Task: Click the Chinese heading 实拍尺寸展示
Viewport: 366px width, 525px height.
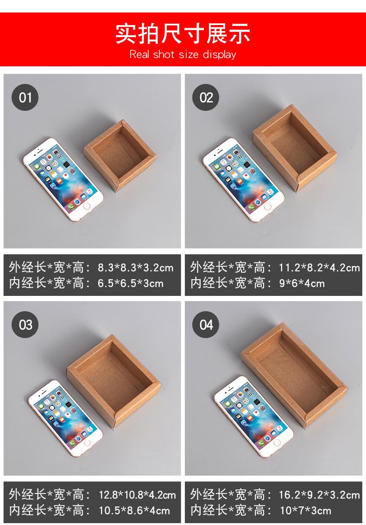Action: [x=183, y=33]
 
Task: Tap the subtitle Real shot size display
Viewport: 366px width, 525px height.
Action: [x=183, y=54]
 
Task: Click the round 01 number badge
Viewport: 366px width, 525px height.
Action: [x=25, y=97]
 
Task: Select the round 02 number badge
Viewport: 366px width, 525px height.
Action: [x=206, y=97]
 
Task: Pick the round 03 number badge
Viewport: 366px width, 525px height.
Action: [x=25, y=325]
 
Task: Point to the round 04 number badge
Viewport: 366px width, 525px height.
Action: [x=206, y=325]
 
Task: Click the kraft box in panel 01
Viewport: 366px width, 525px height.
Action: [x=120, y=155]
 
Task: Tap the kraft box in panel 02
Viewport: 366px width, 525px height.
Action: [x=295, y=147]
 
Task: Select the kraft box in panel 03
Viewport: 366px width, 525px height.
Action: [x=114, y=381]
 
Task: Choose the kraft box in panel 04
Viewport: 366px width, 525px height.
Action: [x=294, y=375]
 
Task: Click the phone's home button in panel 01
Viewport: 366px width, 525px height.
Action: [x=87, y=206]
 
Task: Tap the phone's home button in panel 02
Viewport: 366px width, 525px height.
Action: [x=268, y=206]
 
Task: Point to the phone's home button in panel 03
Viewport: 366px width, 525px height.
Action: [x=88, y=442]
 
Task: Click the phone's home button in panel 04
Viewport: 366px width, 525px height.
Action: [x=277, y=442]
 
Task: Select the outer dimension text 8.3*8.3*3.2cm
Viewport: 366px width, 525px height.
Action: [x=135, y=268]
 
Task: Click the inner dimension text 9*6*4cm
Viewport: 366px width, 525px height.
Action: [x=302, y=283]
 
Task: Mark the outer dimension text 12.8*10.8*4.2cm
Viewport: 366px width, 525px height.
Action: [x=137, y=495]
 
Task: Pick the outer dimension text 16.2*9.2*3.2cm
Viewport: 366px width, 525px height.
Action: [x=320, y=495]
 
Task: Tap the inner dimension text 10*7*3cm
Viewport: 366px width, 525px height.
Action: [x=305, y=511]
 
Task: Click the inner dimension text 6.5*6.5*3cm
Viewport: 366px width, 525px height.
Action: [x=131, y=283]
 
